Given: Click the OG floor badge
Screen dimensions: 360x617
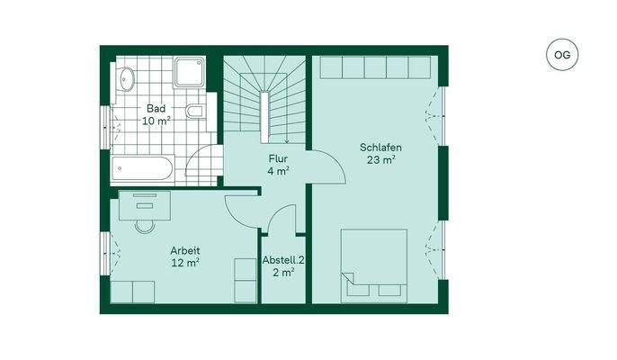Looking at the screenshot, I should [x=561, y=55].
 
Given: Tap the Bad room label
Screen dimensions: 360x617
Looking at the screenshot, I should [x=156, y=109].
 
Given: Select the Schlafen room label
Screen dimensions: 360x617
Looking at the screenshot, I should [x=380, y=148].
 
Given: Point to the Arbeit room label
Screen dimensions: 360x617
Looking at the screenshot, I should [x=184, y=250].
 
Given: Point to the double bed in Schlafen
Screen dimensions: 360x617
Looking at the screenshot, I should [x=373, y=265].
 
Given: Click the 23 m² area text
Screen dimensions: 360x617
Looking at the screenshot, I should [x=380, y=160].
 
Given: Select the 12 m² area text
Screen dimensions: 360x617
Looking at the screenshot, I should [x=185, y=263].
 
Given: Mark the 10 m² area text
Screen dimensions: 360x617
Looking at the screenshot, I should [x=156, y=121].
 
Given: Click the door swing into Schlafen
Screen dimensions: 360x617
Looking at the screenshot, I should [x=326, y=163].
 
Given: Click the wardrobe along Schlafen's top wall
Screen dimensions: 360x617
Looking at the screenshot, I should [x=376, y=68].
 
